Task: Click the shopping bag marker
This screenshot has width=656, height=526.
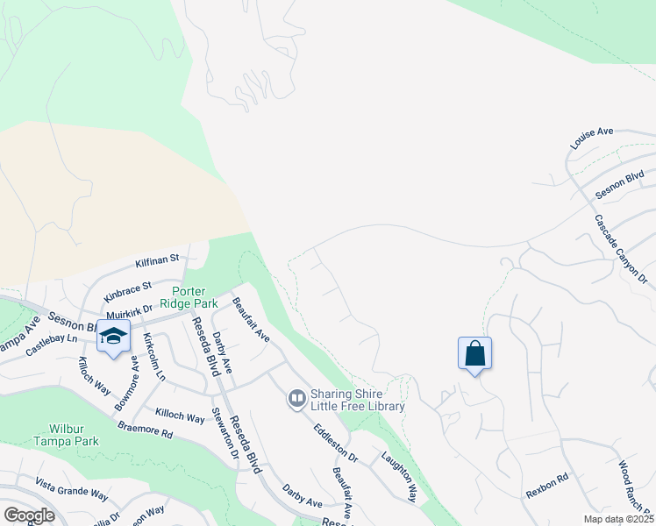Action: click(474, 353)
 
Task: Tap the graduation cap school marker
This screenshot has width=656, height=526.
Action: click(113, 337)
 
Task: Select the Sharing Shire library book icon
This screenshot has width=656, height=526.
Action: click(296, 400)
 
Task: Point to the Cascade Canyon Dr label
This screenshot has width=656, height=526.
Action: click(620, 249)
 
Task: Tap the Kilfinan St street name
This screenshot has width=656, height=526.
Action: click(157, 260)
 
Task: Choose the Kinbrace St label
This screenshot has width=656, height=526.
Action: click(128, 290)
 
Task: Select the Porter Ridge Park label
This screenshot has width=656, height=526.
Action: click(194, 297)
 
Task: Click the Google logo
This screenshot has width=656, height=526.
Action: click(28, 515)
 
